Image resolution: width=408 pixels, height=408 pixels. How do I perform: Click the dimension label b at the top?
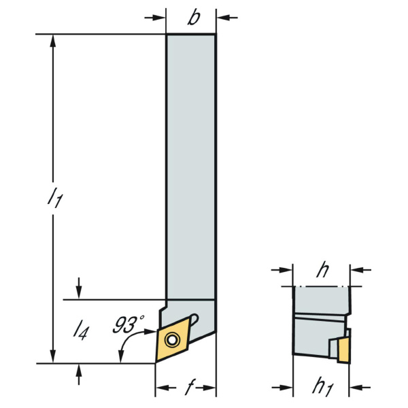pos(194,18)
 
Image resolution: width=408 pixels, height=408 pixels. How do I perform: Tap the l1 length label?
pos(55,199)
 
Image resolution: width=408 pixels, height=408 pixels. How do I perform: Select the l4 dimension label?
pos(81,331)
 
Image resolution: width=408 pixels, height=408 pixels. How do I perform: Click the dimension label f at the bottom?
pos(190,388)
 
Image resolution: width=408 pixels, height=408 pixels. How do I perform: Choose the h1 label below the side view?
pos(322,388)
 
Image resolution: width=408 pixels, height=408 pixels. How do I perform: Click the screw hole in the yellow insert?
pos(172,339)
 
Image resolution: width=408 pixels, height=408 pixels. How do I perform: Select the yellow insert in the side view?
pos(343,350)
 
